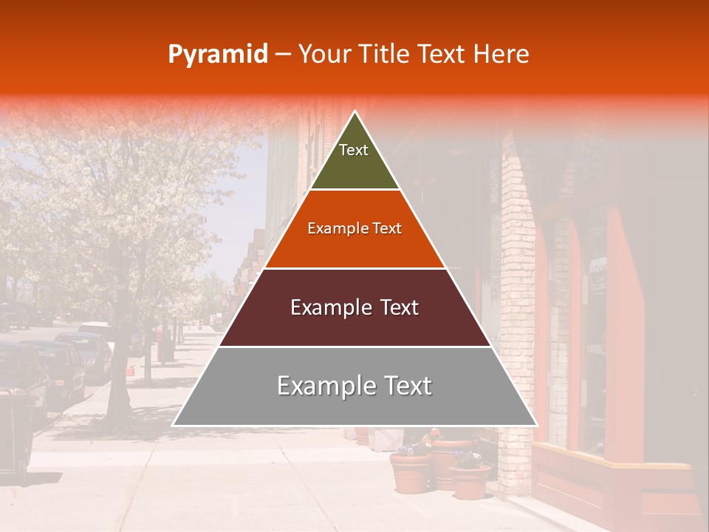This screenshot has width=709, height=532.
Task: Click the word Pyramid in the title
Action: tap(218, 55)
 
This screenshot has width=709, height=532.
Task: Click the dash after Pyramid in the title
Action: tap(283, 55)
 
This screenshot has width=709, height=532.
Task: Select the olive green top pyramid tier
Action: tap(354, 166)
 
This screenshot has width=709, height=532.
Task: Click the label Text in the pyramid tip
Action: tap(354, 150)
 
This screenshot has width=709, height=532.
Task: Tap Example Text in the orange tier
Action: tap(354, 228)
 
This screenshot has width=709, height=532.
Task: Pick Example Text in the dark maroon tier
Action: tap(354, 307)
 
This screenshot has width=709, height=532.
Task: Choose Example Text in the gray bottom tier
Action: tap(354, 386)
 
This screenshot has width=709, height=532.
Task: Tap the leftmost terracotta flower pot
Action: tap(411, 472)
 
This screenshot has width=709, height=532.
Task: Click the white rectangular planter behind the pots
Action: tap(387, 440)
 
